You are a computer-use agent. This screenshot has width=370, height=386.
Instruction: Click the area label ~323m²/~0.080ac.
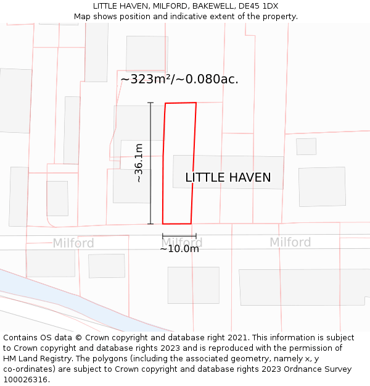coord(179,80)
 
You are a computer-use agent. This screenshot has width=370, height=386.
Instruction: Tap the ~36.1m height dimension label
coord(139,162)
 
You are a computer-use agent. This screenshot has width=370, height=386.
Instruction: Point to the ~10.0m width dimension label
coord(179,249)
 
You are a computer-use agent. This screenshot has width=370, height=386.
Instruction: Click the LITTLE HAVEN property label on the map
coord(228,178)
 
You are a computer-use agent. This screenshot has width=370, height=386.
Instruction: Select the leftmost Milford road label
coord(73,243)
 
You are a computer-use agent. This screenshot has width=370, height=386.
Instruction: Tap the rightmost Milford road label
coord(290,242)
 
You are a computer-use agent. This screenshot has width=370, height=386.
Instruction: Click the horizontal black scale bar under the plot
coord(179,235)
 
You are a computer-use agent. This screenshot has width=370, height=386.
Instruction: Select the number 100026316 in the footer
coord(25,379)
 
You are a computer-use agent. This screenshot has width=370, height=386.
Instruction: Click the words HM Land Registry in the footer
coord(36,359)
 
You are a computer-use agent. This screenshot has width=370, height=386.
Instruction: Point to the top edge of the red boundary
coord(181,103)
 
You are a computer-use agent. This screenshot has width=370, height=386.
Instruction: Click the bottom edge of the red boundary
coord(177,224)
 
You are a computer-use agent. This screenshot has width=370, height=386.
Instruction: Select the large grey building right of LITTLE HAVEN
coord(322,187)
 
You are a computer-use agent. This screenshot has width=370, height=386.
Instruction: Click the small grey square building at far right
coord(306,146)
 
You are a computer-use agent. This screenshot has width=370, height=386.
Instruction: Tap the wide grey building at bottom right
coord(305,287)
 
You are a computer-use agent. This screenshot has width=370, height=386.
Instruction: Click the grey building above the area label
coord(147,53)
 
